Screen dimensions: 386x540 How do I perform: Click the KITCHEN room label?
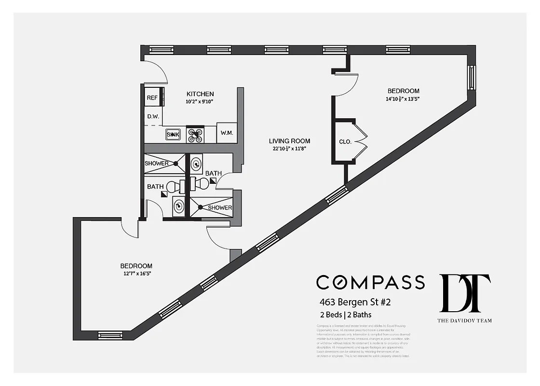(x=200, y=94)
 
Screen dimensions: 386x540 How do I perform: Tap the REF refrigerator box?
(x=152, y=97)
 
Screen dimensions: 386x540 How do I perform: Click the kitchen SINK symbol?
(x=173, y=135)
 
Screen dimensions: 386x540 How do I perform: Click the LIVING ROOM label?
(x=289, y=141)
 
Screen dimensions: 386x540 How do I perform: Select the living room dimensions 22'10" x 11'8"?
(x=289, y=149)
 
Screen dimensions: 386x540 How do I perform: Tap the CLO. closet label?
(x=345, y=142)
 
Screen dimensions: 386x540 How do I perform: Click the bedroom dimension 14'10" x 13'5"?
(x=404, y=99)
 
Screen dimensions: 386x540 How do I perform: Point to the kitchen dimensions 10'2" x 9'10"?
(x=200, y=101)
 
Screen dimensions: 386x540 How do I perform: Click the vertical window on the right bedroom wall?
(x=472, y=77)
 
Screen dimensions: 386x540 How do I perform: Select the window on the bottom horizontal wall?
(x=110, y=334)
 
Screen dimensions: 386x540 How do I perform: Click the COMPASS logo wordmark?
(x=370, y=282)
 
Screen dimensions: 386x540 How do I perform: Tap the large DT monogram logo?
(x=465, y=293)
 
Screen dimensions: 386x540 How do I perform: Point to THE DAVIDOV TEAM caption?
(x=465, y=320)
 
